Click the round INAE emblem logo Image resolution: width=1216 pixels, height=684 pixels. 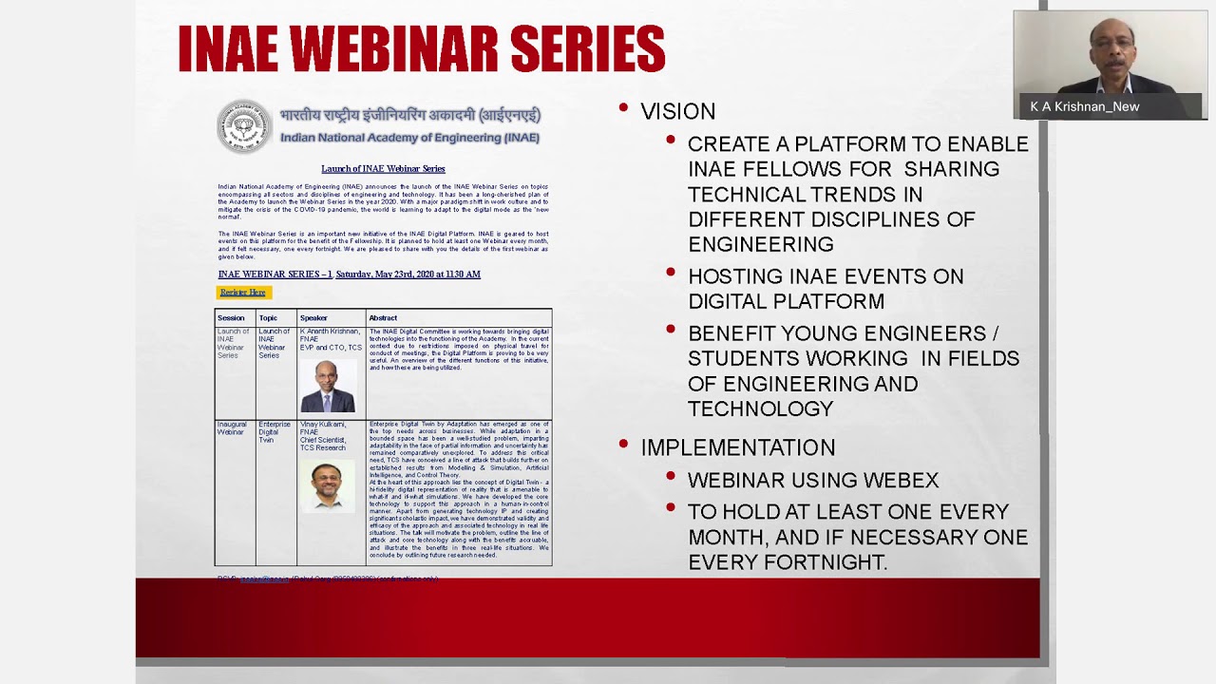click(243, 126)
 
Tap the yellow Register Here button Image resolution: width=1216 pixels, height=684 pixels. click(243, 293)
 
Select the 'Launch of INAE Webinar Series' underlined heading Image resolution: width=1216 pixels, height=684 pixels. click(383, 169)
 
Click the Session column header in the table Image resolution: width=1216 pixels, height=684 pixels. click(231, 318)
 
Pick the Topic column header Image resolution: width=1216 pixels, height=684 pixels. click(268, 318)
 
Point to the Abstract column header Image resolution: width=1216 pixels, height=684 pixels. click(383, 318)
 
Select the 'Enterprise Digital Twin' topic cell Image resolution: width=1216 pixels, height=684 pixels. click(274, 432)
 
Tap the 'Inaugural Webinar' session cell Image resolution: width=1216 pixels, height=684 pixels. click(231, 428)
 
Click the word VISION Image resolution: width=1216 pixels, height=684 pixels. click(677, 112)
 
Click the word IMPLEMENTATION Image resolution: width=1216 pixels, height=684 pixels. click(737, 447)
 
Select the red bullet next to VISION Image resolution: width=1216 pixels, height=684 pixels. click(623, 108)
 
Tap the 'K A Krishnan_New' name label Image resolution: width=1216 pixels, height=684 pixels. click(1084, 107)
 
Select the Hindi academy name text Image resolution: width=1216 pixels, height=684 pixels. click(409, 116)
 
